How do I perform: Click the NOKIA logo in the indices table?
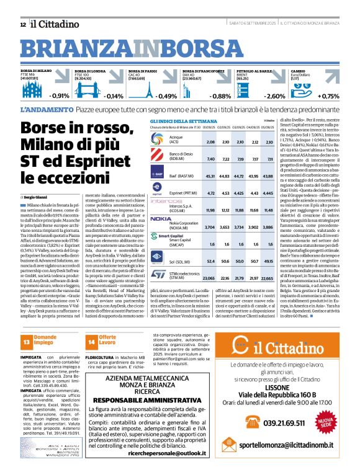161,202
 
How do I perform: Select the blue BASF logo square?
160,175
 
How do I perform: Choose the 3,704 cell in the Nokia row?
210,211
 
